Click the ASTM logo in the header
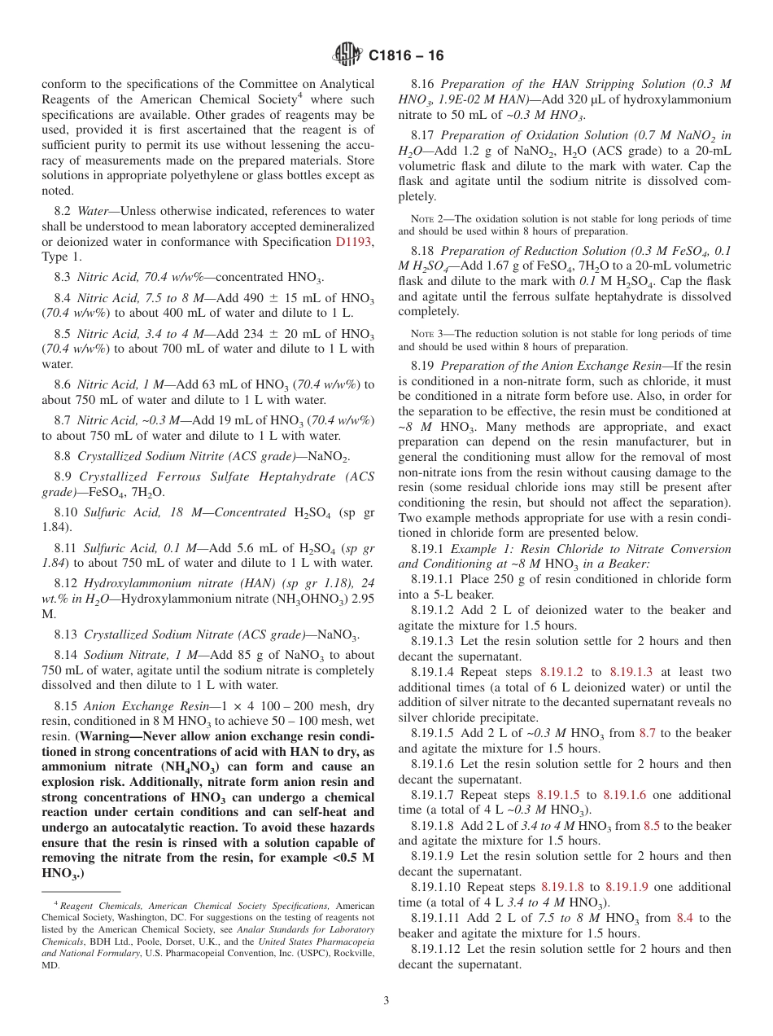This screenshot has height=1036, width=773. point(348,55)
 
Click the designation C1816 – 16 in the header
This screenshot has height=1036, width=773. point(406,56)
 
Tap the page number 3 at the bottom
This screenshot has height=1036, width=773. point(386,1001)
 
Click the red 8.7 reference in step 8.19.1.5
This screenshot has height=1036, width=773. point(647,733)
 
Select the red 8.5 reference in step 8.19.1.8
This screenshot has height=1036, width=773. point(652,825)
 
